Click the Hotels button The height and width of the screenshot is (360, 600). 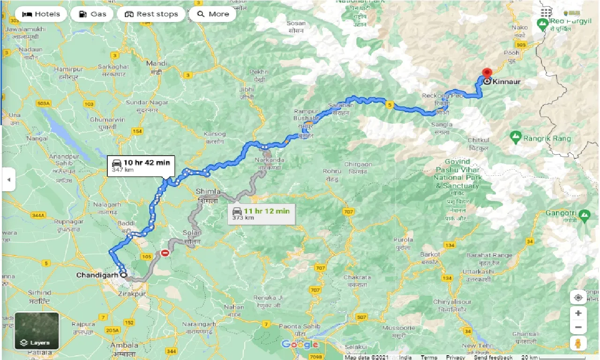(x=41, y=14)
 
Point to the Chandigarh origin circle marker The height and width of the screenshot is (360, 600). (x=123, y=275)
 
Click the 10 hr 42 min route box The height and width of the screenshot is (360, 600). (x=140, y=165)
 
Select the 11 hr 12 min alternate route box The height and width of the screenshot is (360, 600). (x=261, y=214)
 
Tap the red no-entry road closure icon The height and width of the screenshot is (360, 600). (x=165, y=253)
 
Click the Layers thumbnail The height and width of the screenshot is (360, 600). (x=37, y=331)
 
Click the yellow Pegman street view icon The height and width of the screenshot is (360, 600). (x=578, y=343)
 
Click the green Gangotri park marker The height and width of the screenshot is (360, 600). (x=584, y=215)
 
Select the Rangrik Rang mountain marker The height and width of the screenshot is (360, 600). (x=516, y=137)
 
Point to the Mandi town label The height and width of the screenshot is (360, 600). (x=157, y=63)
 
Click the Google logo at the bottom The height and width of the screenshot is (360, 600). (x=300, y=345)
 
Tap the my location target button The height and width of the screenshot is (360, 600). (x=578, y=298)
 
